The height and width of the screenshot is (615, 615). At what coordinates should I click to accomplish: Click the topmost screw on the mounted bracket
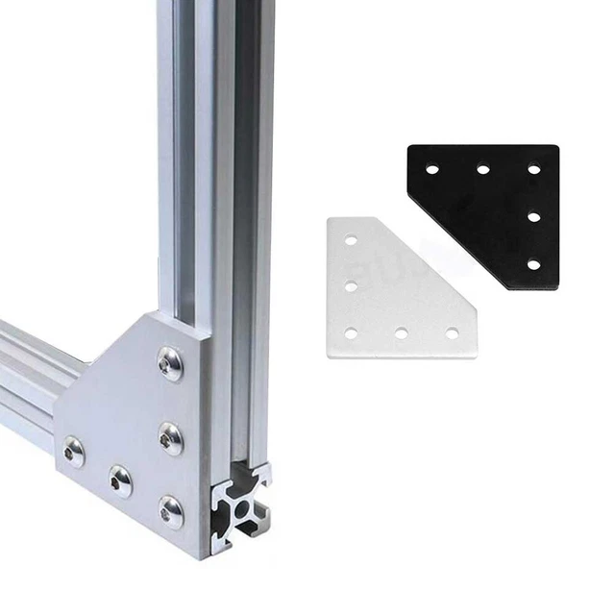click(171, 363)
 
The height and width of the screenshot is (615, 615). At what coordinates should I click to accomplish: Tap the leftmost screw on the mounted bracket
click(73, 451)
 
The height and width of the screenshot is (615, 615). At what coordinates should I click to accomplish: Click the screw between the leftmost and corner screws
click(120, 480)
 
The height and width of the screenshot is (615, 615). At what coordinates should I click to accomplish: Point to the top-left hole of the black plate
click(432, 169)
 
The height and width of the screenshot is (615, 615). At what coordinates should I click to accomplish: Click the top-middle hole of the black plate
click(483, 169)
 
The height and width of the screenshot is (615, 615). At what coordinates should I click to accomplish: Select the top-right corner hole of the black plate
click(533, 169)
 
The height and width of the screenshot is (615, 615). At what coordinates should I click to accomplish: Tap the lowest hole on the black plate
click(533, 263)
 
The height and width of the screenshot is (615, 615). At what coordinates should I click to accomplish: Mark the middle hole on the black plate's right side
click(533, 216)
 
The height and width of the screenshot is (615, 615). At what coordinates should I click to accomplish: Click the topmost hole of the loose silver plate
click(352, 240)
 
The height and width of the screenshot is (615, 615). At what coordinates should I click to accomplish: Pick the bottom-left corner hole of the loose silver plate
click(352, 333)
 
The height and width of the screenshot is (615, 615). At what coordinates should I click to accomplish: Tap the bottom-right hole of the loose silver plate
click(452, 333)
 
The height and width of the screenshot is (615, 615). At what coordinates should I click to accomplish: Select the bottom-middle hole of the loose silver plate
click(402, 333)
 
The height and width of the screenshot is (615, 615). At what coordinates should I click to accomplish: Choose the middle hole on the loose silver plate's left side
click(352, 286)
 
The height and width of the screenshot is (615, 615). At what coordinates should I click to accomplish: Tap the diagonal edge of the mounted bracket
click(96, 365)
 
